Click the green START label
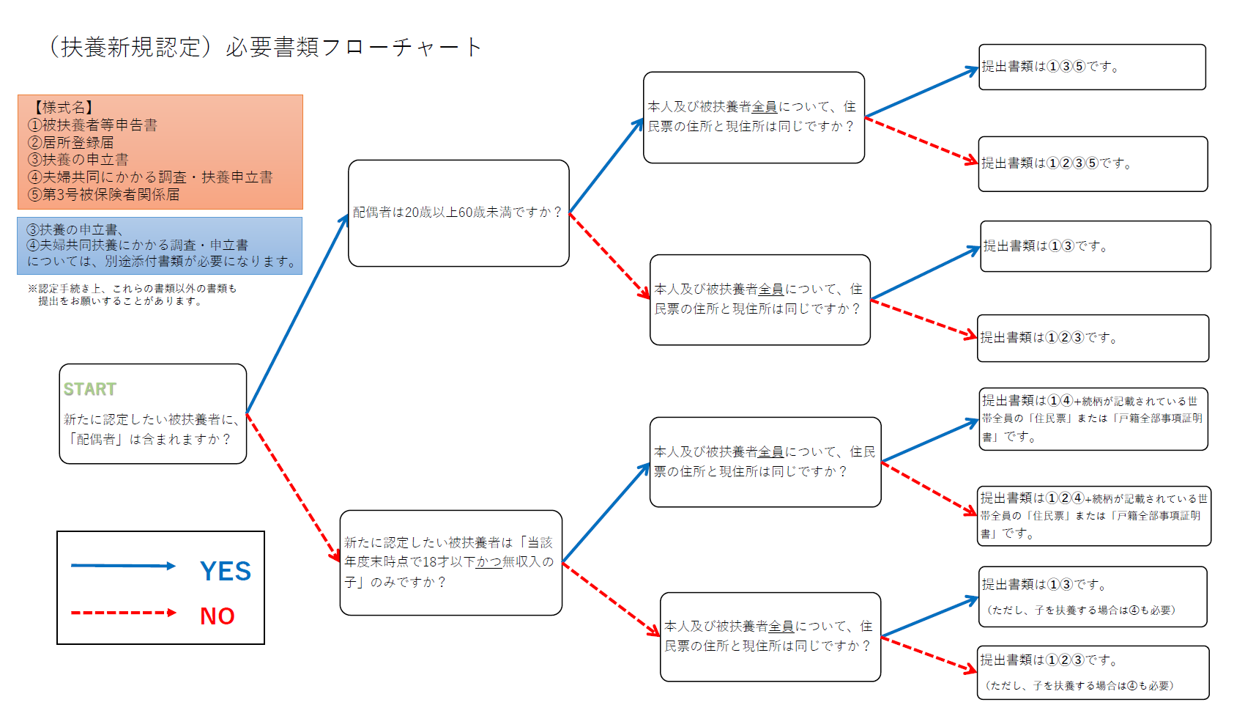89,389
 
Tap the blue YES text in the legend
226,571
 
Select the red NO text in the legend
218,616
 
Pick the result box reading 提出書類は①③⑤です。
1092,67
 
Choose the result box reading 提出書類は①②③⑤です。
1093,164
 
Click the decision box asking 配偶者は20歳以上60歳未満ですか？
458,213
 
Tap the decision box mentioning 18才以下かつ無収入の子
450,563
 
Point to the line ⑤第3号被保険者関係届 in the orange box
103,195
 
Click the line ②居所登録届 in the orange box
70,142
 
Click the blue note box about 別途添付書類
160,246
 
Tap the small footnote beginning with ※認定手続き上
133,295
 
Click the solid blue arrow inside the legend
123,566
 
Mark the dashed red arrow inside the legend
123,613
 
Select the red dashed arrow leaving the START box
293,487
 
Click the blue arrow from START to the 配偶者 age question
297,314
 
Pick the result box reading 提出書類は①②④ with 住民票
1094,517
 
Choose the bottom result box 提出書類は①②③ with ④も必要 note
1093,673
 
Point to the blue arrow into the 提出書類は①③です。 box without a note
925,273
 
